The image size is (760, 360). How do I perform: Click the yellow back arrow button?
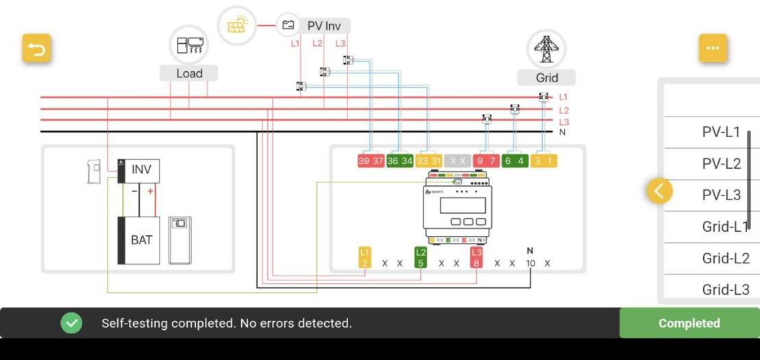(37, 49)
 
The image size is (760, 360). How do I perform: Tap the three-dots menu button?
(713, 48)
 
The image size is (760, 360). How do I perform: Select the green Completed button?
(689, 323)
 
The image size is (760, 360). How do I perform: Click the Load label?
(189, 73)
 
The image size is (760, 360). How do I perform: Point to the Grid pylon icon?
(546, 49)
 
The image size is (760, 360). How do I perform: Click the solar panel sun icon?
(236, 26)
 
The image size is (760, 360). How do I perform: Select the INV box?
(140, 169)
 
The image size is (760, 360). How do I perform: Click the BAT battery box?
(140, 240)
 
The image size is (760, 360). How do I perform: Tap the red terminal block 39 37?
(371, 160)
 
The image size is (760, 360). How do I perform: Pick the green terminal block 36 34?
(400, 160)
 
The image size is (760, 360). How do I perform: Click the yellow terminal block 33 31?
(429, 160)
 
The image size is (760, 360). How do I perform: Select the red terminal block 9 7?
(485, 160)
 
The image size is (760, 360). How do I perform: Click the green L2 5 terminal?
(421, 258)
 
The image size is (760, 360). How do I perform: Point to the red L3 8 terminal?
(477, 258)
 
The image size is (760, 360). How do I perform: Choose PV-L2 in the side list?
(721, 164)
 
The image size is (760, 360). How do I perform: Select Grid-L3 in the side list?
(725, 290)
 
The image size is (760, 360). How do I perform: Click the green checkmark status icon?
(71, 323)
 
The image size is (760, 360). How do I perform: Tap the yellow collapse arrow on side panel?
(659, 192)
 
